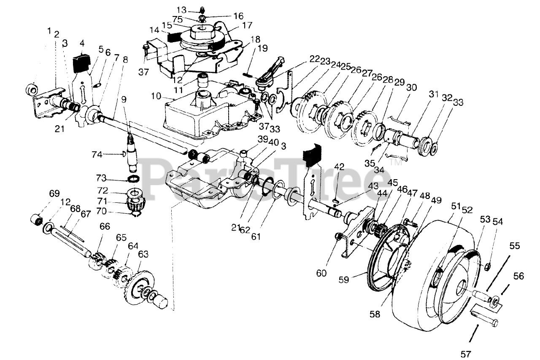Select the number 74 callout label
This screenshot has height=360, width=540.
(x=98, y=154)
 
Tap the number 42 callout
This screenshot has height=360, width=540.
(x=339, y=166)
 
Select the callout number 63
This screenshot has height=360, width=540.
(x=143, y=254)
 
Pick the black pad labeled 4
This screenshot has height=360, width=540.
(x=82, y=62)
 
